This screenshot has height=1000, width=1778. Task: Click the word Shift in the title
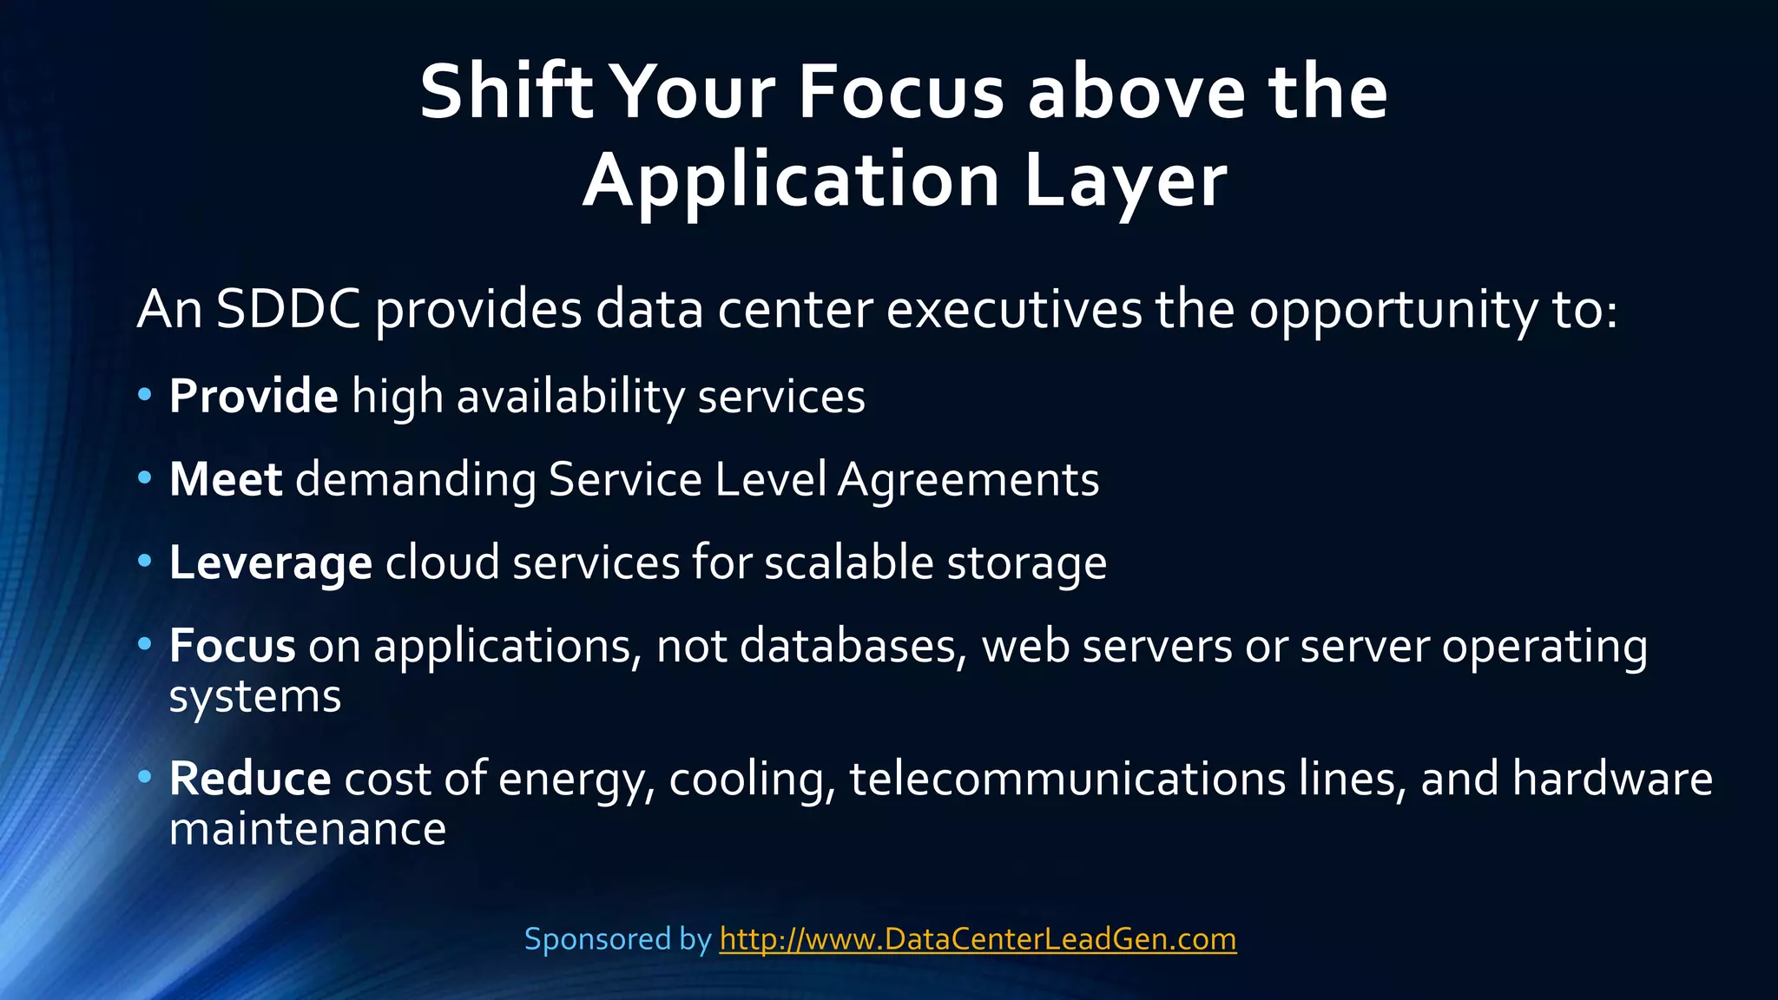pos(505,92)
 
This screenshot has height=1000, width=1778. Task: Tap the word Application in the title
pos(790,181)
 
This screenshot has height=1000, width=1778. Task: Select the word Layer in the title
pos(1125,181)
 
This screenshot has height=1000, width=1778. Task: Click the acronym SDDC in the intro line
pos(288,309)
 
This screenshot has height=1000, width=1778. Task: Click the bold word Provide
pos(254,397)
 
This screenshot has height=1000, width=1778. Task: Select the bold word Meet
pos(226,479)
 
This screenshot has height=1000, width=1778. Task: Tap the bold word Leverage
pos(271,563)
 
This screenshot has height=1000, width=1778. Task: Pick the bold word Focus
pos(233,646)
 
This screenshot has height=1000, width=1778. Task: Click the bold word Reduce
pos(250,778)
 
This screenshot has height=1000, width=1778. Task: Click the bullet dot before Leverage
pos(145,561)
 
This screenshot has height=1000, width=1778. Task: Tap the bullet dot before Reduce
pos(145,775)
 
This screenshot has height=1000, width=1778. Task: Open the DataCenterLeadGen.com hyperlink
pos(978,939)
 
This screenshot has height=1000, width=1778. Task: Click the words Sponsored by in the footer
pos(617,939)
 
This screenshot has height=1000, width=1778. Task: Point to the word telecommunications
pos(1067,778)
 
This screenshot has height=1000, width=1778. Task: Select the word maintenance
pos(307,829)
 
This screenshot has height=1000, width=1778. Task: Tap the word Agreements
pos(968,479)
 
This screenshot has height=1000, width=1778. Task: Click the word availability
pos(570,397)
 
